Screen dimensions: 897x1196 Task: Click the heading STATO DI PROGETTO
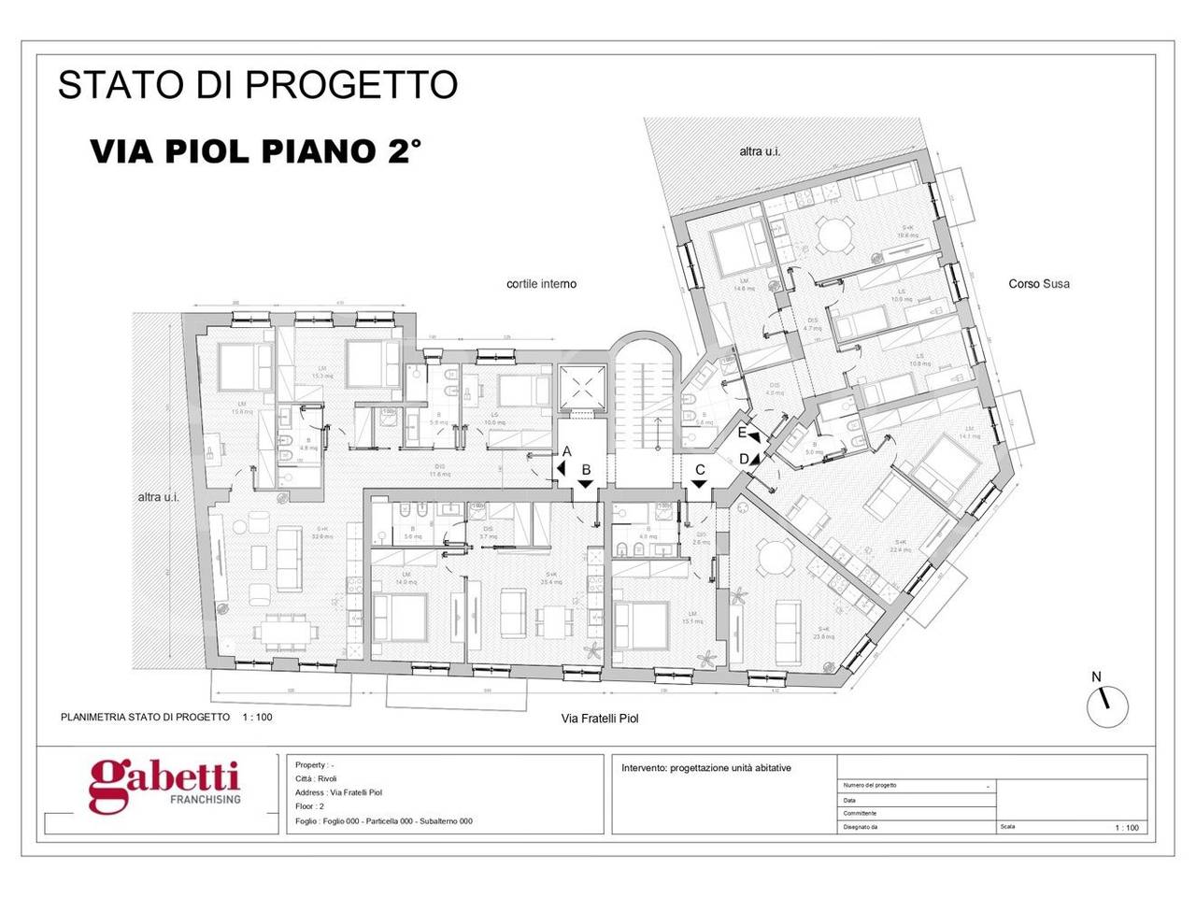click(x=258, y=84)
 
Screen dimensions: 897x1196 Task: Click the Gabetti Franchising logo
click(x=164, y=784)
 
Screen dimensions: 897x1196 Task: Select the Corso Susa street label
click(x=1039, y=283)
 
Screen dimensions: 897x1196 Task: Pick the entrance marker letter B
click(x=586, y=469)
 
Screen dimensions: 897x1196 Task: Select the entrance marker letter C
click(x=699, y=469)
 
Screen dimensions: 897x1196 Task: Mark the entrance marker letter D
click(x=745, y=459)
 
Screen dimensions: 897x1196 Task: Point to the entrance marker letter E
click(x=742, y=433)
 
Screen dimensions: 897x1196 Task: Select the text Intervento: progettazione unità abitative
click(x=706, y=768)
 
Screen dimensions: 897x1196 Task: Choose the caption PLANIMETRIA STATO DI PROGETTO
click(x=145, y=717)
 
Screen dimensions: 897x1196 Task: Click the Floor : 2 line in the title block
click(x=309, y=806)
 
